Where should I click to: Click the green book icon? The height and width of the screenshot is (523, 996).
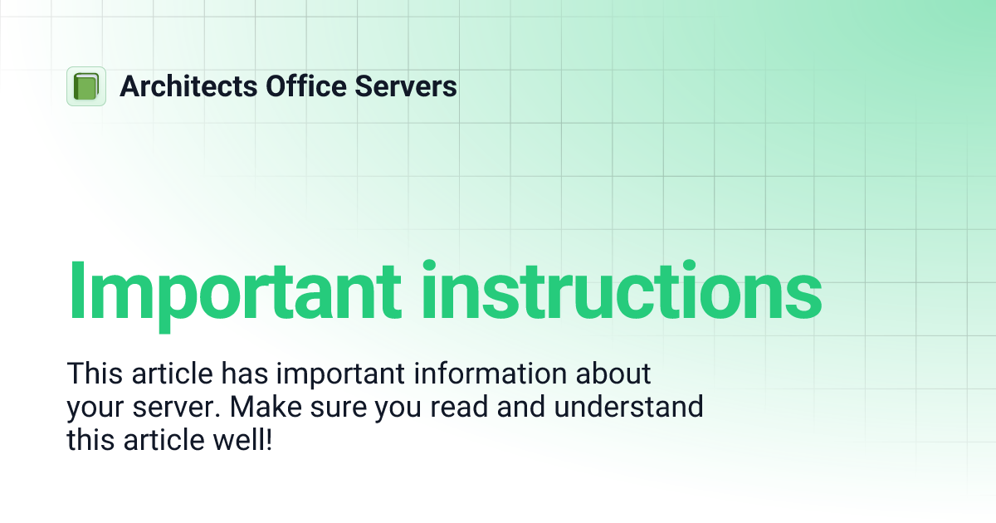tap(86, 86)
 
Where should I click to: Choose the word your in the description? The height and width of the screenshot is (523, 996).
tap(95, 407)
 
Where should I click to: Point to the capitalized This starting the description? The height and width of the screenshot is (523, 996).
tap(94, 374)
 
